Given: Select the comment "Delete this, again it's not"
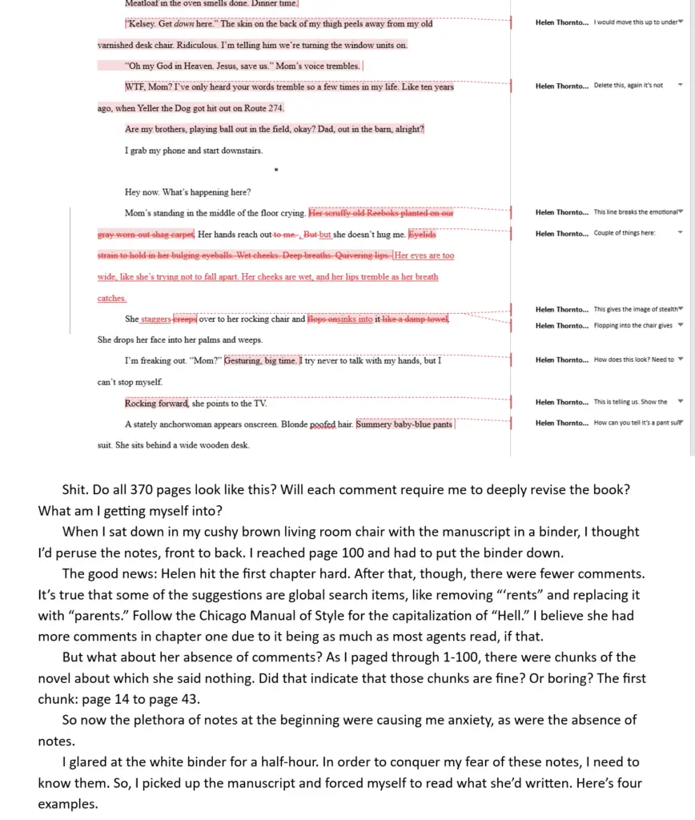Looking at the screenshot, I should pos(629,85).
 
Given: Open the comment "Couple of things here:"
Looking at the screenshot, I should pos(625,234).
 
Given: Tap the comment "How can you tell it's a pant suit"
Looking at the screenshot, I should pos(637,423).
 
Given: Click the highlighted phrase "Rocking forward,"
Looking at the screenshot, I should pos(157,403).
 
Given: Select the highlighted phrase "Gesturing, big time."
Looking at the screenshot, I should pos(261,360).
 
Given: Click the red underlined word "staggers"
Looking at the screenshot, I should pos(156,319).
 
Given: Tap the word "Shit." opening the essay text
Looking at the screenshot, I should pos(78,489).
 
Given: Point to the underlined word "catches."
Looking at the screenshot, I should pos(112,298).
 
